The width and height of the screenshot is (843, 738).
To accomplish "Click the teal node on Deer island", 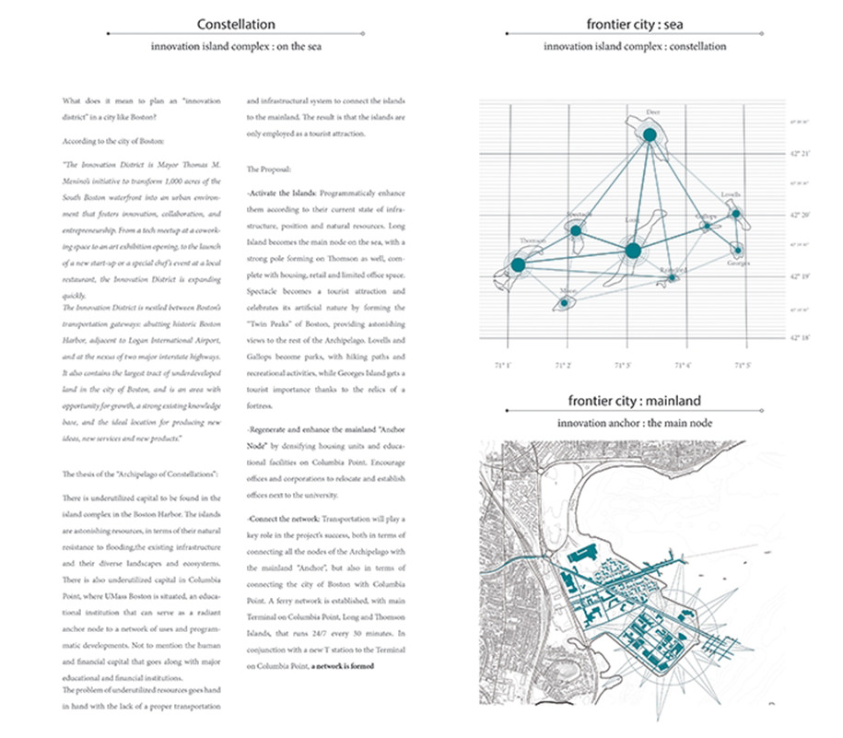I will coord(650,135).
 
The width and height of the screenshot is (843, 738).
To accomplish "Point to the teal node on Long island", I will coord(632,251).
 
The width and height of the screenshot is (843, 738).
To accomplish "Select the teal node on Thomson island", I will coord(518,265).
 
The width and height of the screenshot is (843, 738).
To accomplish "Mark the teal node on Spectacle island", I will coord(576,230).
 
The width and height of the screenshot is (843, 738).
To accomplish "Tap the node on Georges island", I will coord(736,249).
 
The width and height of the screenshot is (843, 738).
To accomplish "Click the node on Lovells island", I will coord(735,214).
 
